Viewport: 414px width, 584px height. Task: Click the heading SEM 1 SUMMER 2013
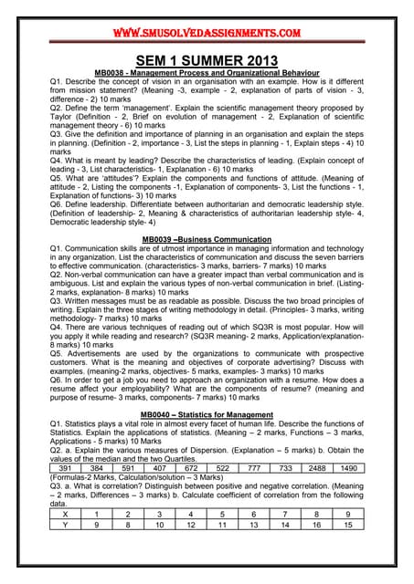[207, 59]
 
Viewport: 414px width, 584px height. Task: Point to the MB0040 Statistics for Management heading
[207, 415]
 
